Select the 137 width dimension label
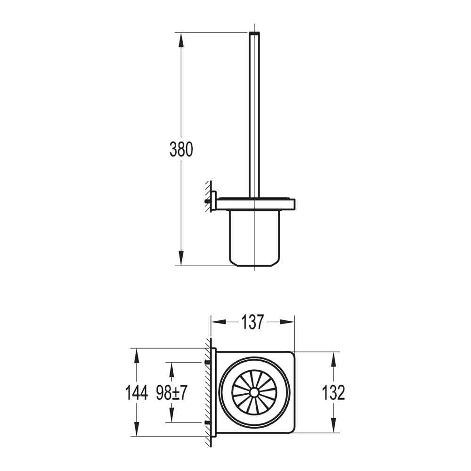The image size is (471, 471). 252,322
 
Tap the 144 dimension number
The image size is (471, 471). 137,392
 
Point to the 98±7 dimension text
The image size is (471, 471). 172,392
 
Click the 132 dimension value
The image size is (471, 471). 333,392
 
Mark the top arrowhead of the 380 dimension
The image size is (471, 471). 180,39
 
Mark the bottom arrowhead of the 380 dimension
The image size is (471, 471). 180,259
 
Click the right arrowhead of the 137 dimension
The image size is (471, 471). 288,322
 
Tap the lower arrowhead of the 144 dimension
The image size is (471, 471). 137,429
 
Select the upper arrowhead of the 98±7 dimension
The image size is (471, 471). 172,369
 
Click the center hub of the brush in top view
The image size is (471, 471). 254,392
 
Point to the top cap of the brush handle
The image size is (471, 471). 254,34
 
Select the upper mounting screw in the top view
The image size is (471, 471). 208,362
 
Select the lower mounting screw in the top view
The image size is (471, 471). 208,422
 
